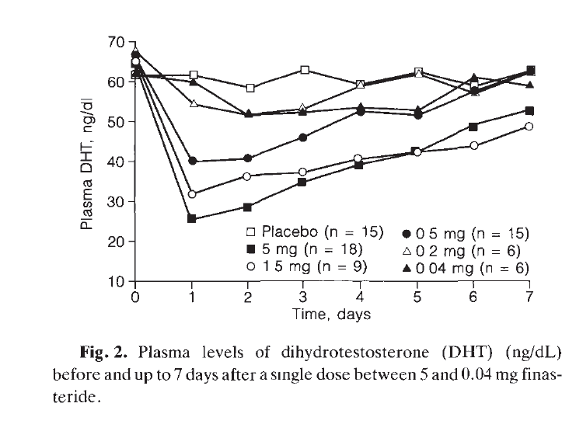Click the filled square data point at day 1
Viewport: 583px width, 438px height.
191,219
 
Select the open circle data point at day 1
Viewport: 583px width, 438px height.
191,194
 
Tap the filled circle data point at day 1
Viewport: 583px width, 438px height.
191,162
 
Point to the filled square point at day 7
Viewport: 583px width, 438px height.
530,110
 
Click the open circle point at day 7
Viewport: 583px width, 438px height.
530,127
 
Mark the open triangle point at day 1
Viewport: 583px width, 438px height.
191,103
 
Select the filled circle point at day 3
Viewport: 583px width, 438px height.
303,137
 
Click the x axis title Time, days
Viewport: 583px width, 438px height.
331,315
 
